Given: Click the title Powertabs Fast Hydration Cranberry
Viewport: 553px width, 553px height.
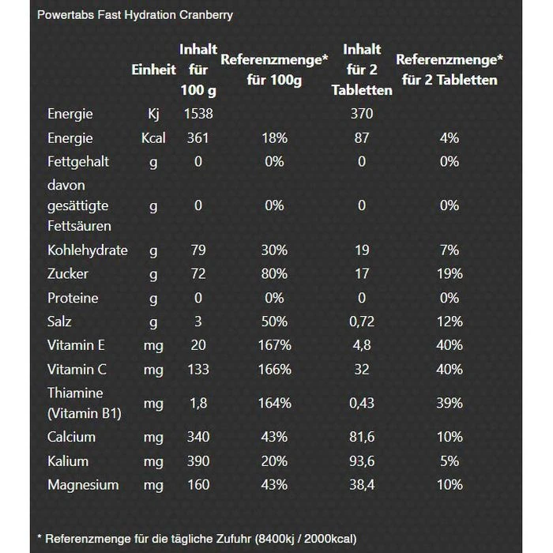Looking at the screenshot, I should point(135,15).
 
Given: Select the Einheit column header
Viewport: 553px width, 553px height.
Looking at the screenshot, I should point(153,70).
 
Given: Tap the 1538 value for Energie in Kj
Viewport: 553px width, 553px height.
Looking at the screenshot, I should point(198,114).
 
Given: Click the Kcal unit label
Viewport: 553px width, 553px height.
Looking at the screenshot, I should point(153,137).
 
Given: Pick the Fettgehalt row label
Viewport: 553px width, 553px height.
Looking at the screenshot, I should point(78,161).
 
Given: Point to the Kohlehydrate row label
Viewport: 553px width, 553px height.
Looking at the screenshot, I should point(88,250).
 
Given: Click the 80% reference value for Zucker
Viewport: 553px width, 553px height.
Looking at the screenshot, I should point(274,273).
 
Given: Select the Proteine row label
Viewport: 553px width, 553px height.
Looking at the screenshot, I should point(73,298).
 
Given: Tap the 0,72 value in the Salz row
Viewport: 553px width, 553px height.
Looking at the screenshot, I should point(362,322).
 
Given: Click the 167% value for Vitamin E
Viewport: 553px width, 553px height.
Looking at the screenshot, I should point(274,345).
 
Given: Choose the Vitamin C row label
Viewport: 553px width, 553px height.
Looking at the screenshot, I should point(77,369).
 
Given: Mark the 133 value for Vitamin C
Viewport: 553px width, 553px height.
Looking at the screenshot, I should point(198,369).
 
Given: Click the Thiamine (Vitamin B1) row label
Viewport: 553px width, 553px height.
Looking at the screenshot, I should point(84,403).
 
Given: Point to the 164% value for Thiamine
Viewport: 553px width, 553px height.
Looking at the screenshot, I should point(274,403).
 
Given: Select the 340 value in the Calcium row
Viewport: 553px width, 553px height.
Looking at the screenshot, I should point(198,437).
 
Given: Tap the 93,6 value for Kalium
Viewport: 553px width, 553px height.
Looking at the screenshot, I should point(362,461).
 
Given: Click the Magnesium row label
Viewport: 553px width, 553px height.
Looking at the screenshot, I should point(83,484).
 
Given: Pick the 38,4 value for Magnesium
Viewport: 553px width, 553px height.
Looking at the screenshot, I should point(362,484).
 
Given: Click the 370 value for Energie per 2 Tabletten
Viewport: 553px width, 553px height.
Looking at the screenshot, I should point(362,114).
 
